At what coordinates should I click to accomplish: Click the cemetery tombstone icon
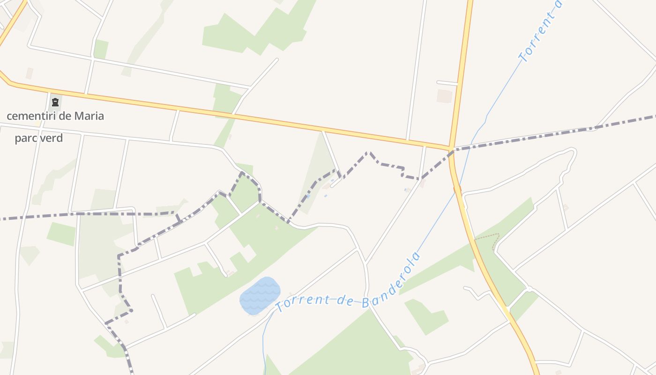pyautogui.click(x=55, y=102)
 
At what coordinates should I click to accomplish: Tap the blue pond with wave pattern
pyautogui.click(x=260, y=295)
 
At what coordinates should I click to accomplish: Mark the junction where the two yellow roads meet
pyautogui.click(x=451, y=149)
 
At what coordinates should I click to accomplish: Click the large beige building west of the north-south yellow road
pyautogui.click(x=444, y=96)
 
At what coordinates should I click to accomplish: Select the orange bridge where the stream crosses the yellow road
pyautogui.click(x=457, y=189)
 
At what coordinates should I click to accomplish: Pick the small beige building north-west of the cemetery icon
pyautogui.click(x=30, y=73)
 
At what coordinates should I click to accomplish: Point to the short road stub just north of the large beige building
pyautogui.click(x=447, y=83)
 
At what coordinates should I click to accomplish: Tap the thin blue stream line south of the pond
pyautogui.click(x=264, y=342)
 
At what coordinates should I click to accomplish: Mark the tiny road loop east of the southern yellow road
pyautogui.click(x=528, y=289)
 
